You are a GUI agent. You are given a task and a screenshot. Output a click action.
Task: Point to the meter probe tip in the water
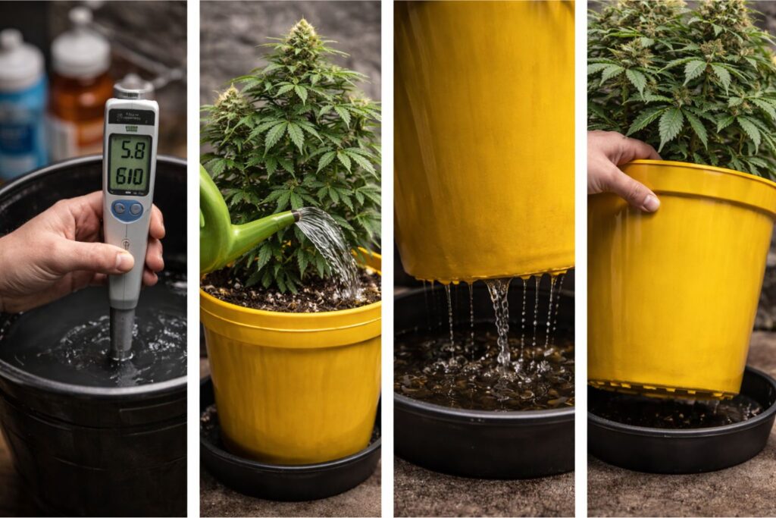(x=121, y=353)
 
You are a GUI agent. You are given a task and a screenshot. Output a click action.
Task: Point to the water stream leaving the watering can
(x=330, y=243)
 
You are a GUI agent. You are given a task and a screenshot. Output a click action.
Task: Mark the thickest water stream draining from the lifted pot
(x=500, y=319)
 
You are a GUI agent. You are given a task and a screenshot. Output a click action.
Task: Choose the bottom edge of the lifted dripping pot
(x=485, y=277)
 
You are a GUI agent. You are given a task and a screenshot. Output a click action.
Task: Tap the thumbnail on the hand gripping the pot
(x=650, y=202)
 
